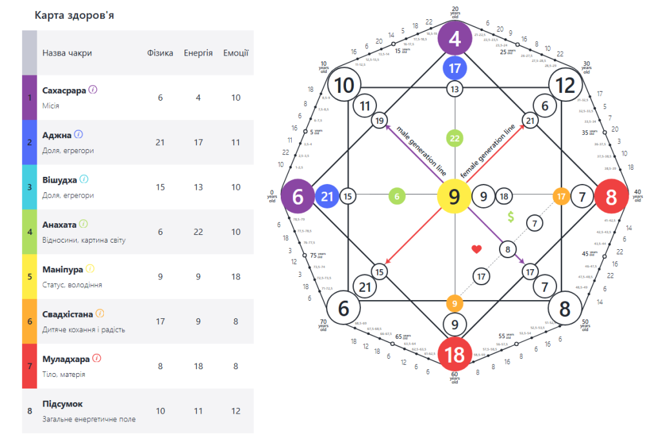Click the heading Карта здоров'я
pos(75,15)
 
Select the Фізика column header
pos(160,53)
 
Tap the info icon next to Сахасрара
pos(92,90)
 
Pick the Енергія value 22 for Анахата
pos(198,232)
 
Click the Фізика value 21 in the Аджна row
pos(160,142)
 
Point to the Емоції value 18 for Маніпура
pos(236,276)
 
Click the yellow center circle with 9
pos(454,197)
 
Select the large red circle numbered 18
pos(454,354)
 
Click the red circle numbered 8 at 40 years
pos(611,196)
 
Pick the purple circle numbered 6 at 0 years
pos(298,196)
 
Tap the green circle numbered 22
pos(454,137)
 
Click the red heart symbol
pos(476,249)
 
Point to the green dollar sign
pos(511,218)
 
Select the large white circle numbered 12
pos(565,85)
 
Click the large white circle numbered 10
pos(345,85)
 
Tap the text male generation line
pos(421,151)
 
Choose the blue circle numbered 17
pos(454,68)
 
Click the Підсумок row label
pos(63,404)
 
